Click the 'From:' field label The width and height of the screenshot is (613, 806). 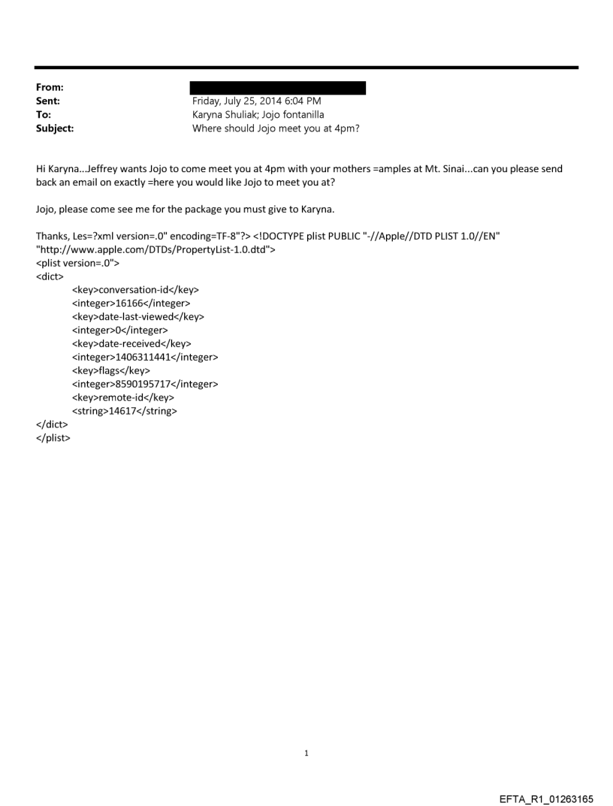[50, 88]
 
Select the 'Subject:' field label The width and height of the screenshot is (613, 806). [55, 128]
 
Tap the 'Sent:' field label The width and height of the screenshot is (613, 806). [48, 101]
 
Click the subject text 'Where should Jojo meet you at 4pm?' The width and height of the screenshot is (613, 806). [276, 128]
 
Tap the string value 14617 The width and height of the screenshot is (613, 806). [125, 411]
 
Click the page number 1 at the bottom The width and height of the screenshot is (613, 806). [306, 753]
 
